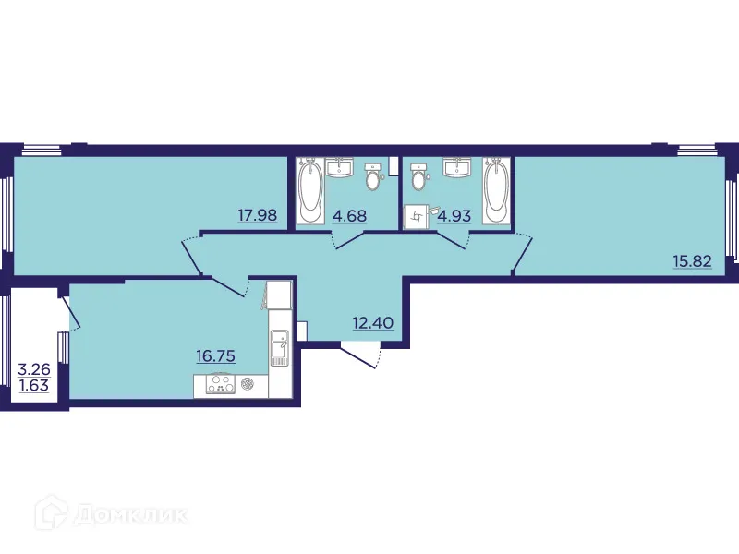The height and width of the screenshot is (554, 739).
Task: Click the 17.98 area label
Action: (x=257, y=216)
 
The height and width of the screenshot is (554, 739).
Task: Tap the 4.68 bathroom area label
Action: (x=349, y=216)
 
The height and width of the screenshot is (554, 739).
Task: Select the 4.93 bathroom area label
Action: (x=454, y=216)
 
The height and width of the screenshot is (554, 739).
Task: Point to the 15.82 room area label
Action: (x=693, y=259)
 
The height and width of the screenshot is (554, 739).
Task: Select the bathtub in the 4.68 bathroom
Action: (x=309, y=191)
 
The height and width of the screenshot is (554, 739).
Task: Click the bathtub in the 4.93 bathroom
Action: (x=496, y=191)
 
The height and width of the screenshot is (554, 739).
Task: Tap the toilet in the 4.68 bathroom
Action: (x=373, y=176)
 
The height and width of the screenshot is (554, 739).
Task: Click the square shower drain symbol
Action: (x=418, y=216)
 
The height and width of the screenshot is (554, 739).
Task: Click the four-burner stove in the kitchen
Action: (x=222, y=385)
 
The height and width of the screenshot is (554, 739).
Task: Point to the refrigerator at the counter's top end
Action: (x=279, y=294)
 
